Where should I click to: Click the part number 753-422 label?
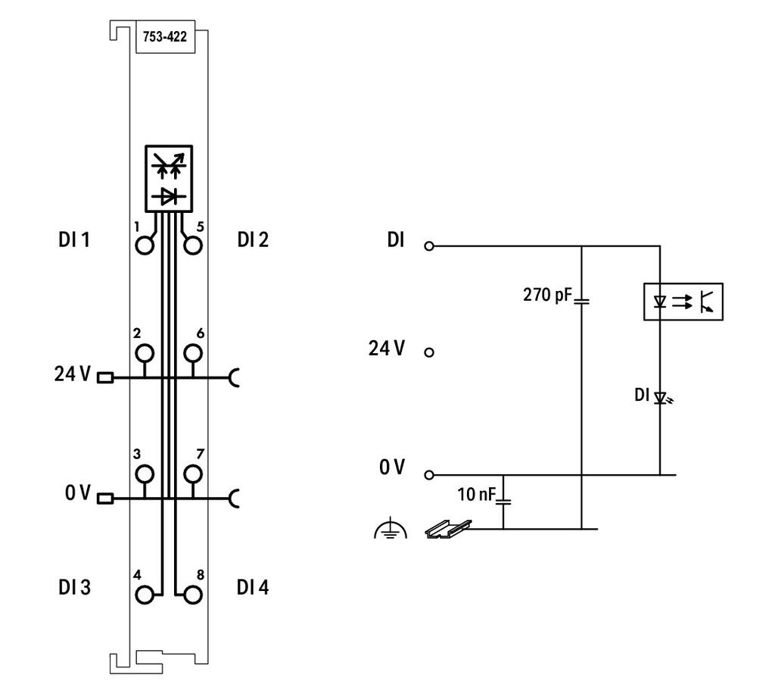tap(164, 36)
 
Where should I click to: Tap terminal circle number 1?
tap(145, 245)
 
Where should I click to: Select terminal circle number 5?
tap(193, 245)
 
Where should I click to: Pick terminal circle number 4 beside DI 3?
tap(145, 595)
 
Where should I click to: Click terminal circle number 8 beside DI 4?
tap(193, 595)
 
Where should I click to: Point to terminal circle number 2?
tap(145, 353)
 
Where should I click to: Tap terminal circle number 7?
tap(193, 474)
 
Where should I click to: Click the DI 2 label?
tap(253, 239)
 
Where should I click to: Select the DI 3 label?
tap(74, 587)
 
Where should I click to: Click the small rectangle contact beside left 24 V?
tap(105, 378)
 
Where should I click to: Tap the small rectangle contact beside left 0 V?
tap(105, 499)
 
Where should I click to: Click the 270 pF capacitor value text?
tap(547, 295)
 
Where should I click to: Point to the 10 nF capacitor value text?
tap(476, 494)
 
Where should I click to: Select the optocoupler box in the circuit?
tap(683, 302)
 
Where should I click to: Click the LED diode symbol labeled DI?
tap(660, 397)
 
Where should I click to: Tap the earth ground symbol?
tap(391, 528)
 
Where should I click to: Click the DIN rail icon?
tap(448, 528)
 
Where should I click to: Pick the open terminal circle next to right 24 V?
tap(429, 352)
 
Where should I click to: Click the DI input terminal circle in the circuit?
tap(429, 245)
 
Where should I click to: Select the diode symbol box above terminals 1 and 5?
tap(169, 179)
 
